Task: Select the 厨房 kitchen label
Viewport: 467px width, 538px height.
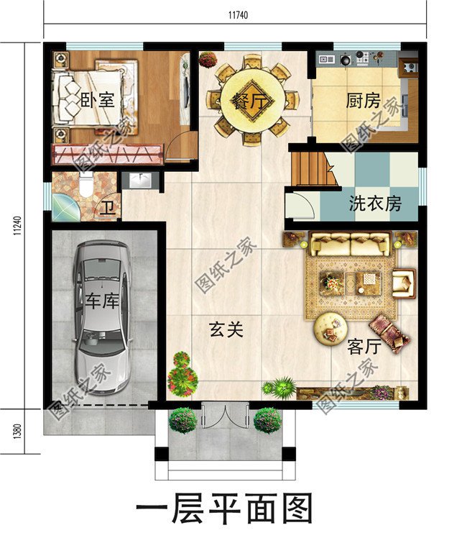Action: pos(363,101)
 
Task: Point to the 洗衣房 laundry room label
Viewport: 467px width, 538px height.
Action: pos(375,204)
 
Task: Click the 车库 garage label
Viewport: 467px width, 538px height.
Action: pos(101,301)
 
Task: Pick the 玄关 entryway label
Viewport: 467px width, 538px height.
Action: pos(226,330)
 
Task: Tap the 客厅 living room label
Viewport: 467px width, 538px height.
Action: pos(364,347)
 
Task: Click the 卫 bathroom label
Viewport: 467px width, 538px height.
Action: pos(107,209)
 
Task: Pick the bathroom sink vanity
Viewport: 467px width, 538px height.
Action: pos(139,181)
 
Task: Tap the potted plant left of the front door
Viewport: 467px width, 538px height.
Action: pos(183,420)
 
